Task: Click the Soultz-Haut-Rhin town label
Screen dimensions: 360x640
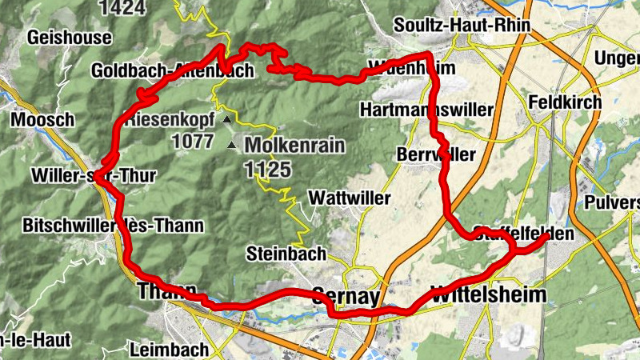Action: pos(462,26)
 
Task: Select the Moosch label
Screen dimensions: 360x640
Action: pos(43,119)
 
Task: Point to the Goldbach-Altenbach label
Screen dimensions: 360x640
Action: pos(172,70)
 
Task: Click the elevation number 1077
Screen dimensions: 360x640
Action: pos(191,142)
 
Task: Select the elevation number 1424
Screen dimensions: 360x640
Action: pos(123,8)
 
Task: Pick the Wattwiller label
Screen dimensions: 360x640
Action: pos(350,197)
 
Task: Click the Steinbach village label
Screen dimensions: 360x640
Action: pos(286,254)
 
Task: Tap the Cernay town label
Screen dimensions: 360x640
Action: pos(345,296)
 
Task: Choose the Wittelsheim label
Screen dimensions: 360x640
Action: pos(488,294)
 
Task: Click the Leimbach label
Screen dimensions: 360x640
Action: pos(169,349)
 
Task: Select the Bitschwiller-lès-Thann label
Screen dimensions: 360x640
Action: pos(114,226)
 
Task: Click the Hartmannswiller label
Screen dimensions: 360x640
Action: pos(427,109)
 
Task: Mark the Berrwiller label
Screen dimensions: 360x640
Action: pos(436,154)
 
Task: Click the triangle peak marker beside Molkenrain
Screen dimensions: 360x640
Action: pos(232,146)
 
